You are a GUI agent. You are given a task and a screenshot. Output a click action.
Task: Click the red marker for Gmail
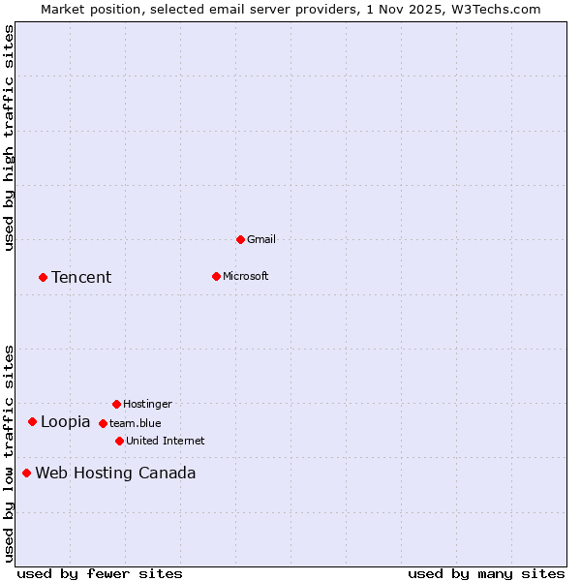coord(240,239)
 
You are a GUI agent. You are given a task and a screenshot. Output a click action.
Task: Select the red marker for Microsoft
coord(216,276)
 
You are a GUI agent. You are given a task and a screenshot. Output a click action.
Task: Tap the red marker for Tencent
coord(43,277)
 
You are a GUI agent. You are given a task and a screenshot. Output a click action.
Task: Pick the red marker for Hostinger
coord(116,404)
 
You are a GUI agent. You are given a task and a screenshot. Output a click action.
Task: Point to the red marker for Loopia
coord(32,421)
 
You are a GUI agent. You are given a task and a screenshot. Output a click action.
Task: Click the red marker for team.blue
coord(103,423)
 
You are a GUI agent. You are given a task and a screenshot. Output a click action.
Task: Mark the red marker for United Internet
coord(119,441)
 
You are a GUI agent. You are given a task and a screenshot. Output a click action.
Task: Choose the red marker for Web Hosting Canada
coord(26,473)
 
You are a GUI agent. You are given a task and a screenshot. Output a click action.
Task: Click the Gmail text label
coord(261,239)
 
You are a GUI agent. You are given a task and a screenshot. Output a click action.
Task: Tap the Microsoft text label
coord(246,276)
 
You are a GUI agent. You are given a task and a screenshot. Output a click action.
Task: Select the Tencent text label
coord(81,277)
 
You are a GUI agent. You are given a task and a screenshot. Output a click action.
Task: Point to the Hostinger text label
coord(147,404)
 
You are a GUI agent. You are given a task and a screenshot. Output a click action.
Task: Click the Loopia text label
coord(65,421)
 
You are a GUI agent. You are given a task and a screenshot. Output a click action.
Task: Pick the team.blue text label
coord(136,423)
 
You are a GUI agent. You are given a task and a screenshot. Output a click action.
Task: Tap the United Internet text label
coord(166,441)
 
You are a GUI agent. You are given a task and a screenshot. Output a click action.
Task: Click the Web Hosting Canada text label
coord(115,473)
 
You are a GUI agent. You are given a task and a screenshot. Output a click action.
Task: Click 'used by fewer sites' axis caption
coord(100,573)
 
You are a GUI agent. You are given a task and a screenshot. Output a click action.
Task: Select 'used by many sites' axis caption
coord(486,573)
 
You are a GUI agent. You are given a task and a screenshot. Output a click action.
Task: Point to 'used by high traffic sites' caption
coord(10,138)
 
